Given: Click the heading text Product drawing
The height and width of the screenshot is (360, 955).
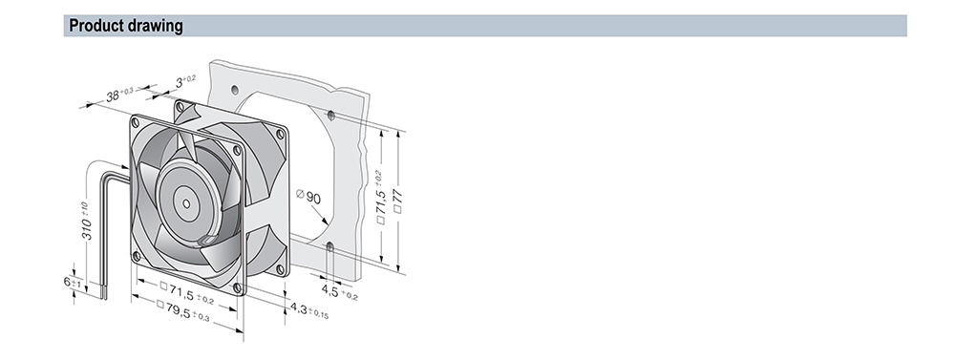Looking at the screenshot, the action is point(125,26).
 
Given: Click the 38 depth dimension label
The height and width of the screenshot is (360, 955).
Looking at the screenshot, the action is point(118,95).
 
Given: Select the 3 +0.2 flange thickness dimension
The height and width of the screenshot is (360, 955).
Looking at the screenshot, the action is point(186,81).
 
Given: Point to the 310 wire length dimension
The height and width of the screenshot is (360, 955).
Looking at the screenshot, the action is point(86,222).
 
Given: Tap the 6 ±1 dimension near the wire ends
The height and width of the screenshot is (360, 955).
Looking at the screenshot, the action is point(73,282).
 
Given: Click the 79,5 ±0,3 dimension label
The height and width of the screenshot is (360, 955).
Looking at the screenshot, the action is point(182,310).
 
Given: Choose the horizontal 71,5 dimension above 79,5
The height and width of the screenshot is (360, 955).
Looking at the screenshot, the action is point(187,292).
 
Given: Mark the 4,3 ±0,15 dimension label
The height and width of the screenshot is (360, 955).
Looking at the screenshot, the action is point(309,310).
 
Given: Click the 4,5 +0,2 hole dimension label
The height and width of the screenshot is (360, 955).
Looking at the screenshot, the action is point(339,292).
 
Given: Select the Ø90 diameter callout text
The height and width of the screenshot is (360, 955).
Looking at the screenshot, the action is point(308,196).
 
